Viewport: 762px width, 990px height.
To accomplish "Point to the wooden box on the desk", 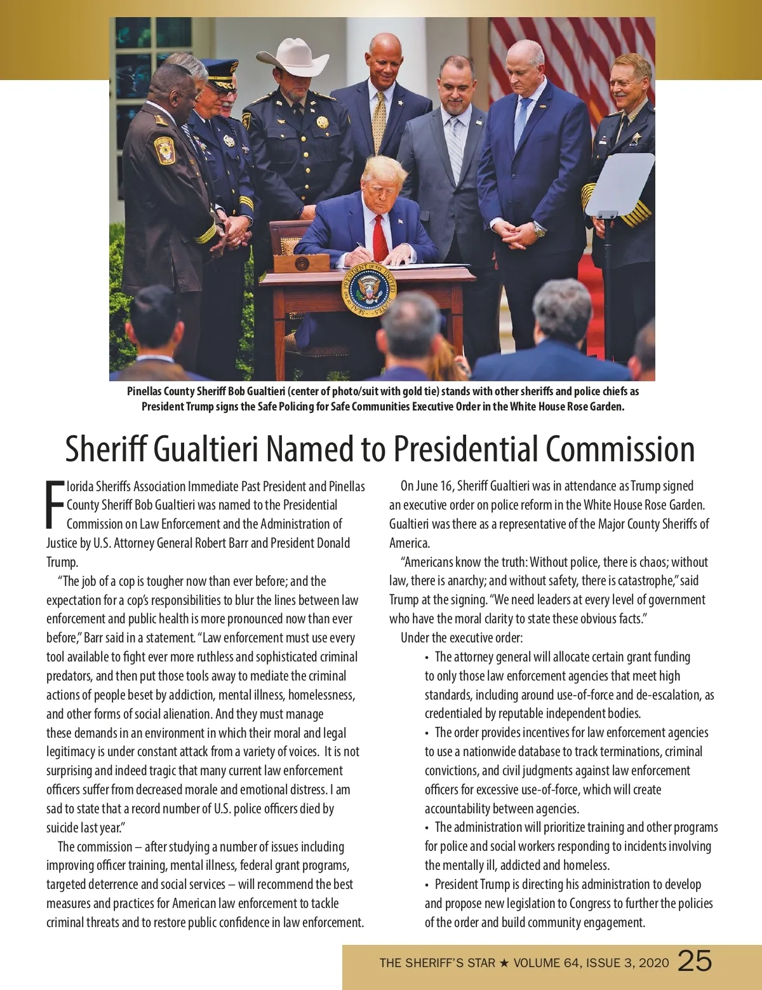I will tap(300, 262).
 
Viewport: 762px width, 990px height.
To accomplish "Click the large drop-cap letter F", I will tap(55, 505).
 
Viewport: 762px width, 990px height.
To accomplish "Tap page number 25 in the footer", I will tap(695, 961).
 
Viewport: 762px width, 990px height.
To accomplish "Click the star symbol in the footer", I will tap(504, 963).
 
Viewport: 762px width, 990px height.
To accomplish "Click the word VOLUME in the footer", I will tap(537, 963).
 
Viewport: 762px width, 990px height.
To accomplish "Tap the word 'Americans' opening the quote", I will tap(431, 562).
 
